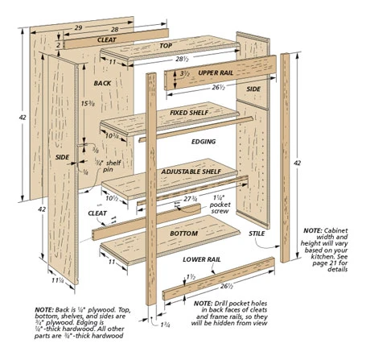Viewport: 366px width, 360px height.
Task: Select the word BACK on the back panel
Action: click(102, 83)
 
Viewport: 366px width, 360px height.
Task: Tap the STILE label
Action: click(257, 234)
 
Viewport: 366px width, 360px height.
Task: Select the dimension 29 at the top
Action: click(77, 28)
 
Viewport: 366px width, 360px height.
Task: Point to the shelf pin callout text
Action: click(108, 167)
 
